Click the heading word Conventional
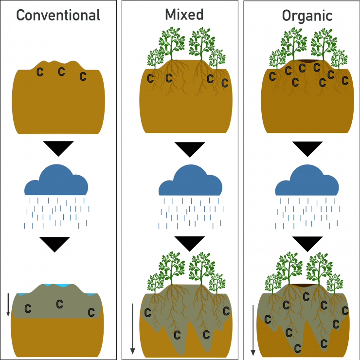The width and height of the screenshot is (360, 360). [x=58, y=15]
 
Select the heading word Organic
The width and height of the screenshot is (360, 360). [x=307, y=15]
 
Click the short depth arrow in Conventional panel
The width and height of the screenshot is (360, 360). [x=8, y=305]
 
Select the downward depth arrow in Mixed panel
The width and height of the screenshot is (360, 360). [x=132, y=329]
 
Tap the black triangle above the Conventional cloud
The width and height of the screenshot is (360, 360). [x=58, y=147]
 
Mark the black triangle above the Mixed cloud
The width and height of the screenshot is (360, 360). [x=190, y=149]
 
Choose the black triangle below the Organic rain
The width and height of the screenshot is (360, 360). [x=307, y=243]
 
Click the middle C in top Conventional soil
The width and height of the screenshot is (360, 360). [x=61, y=72]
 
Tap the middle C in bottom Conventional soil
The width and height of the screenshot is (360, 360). [x=60, y=304]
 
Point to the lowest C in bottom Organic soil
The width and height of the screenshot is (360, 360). [x=297, y=347]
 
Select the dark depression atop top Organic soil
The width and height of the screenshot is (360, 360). [x=307, y=61]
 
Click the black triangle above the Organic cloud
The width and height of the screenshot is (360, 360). [x=307, y=149]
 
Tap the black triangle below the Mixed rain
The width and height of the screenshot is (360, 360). [x=190, y=243]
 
